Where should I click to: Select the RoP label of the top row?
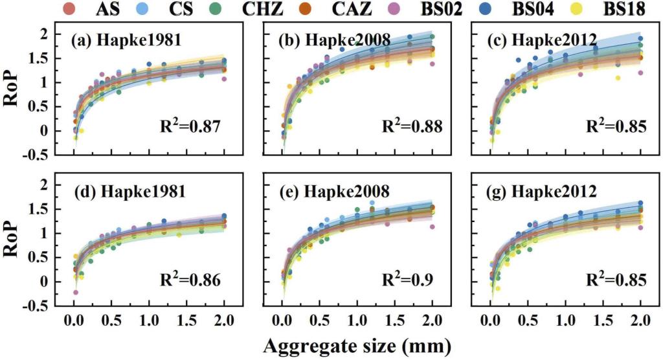(x=14, y=90)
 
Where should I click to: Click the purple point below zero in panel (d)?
(x=75, y=293)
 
